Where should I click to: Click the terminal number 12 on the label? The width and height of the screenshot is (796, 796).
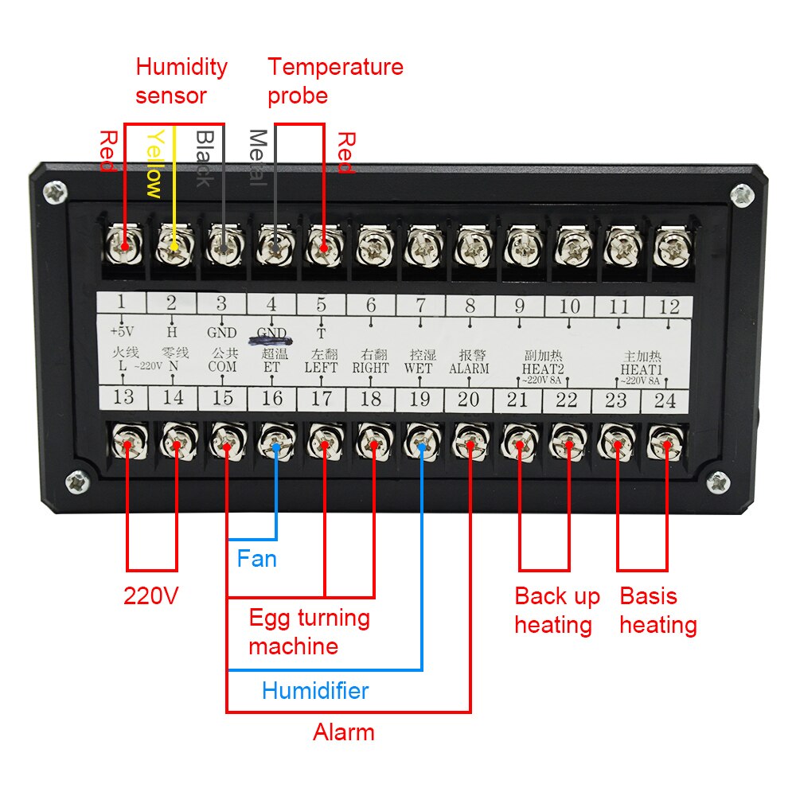[669, 306]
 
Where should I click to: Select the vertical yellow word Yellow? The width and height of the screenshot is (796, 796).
[154, 163]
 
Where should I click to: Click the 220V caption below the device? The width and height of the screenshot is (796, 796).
[150, 595]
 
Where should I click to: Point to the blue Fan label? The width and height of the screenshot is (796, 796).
[256, 558]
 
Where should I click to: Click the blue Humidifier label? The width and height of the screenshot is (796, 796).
[315, 690]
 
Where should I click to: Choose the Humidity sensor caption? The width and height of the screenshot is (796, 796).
[181, 80]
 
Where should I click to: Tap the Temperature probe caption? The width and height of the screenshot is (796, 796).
[334, 80]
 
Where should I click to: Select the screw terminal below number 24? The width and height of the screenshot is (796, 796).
[665, 441]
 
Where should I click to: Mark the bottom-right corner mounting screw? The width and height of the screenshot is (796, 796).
[719, 481]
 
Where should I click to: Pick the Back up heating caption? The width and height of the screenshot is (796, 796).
[556, 610]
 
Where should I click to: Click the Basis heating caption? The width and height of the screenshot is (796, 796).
[658, 610]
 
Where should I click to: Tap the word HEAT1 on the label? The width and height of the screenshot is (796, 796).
[642, 369]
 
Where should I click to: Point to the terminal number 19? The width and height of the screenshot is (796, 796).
[419, 400]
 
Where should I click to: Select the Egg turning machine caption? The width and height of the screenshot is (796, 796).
[309, 631]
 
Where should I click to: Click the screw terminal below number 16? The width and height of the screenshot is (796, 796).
[275, 441]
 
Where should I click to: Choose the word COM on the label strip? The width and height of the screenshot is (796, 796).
[222, 368]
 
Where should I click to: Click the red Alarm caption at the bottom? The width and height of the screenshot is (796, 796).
[343, 732]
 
